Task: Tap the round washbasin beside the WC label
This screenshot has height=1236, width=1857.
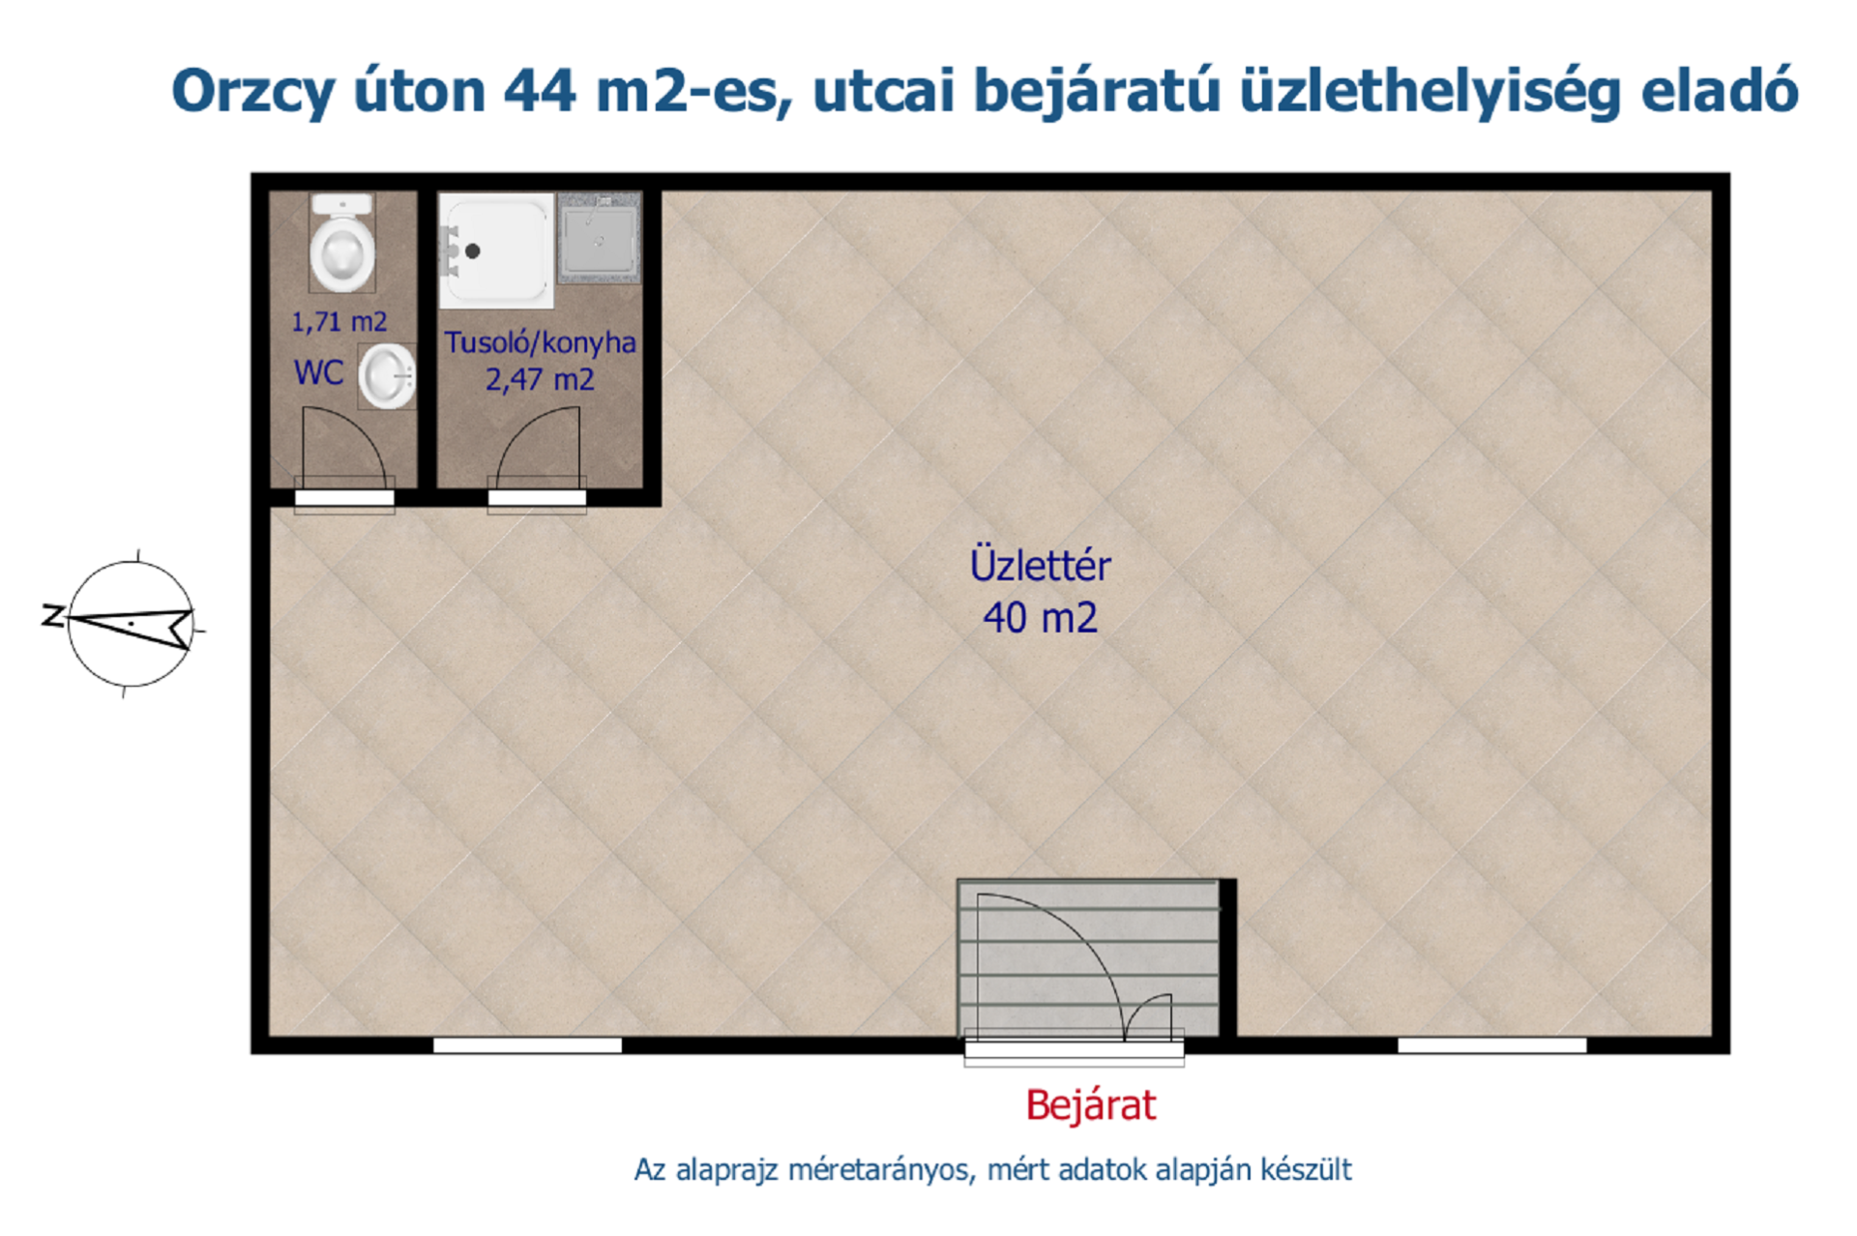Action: (387, 376)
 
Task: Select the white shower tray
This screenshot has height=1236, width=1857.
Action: (496, 250)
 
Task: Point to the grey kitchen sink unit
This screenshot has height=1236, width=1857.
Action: (599, 238)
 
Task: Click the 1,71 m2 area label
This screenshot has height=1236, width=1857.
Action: (339, 322)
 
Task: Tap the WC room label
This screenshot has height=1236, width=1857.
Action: (318, 372)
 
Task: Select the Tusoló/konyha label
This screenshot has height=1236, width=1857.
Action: (540, 343)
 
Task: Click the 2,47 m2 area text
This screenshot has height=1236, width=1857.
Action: (540, 379)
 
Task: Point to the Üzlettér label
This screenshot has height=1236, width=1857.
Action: (1040, 565)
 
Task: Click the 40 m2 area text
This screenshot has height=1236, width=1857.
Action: (1041, 618)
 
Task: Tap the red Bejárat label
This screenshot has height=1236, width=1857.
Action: (1091, 1105)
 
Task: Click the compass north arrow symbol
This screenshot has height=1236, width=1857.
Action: (132, 624)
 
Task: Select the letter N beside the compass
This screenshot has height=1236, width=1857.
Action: (52, 615)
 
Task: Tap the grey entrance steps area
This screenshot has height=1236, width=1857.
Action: (1088, 957)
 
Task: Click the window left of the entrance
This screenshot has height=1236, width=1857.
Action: (527, 1045)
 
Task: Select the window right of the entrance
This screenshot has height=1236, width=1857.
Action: (1492, 1045)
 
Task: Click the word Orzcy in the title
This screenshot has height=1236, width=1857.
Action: (253, 93)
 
